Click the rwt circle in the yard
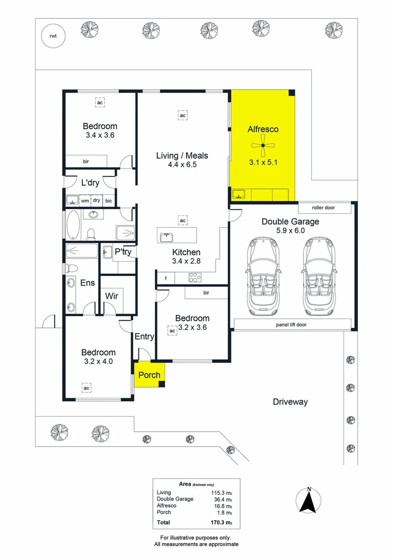tap(52, 36)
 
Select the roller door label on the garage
tap(324, 208)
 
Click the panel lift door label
tap(291, 325)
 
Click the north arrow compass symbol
tap(309, 500)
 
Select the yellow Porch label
tap(149, 375)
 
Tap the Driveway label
tap(290, 402)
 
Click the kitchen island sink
tap(166, 237)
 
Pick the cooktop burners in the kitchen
tap(195, 278)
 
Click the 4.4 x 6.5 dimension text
tap(183, 165)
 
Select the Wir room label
tap(112, 296)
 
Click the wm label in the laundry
tap(85, 201)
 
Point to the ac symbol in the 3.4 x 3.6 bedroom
tap(100, 103)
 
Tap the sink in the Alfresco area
tap(238, 194)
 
